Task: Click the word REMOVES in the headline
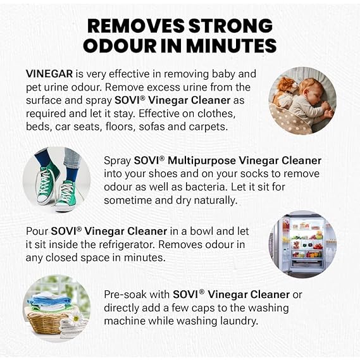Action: click(135, 25)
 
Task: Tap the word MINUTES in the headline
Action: click(232, 46)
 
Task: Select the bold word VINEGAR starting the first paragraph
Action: click(49, 74)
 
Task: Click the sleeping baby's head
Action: click(310, 89)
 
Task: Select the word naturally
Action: click(216, 201)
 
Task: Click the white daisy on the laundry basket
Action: click(76, 318)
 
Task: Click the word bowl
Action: click(201, 231)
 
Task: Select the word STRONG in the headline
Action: click(230, 25)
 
